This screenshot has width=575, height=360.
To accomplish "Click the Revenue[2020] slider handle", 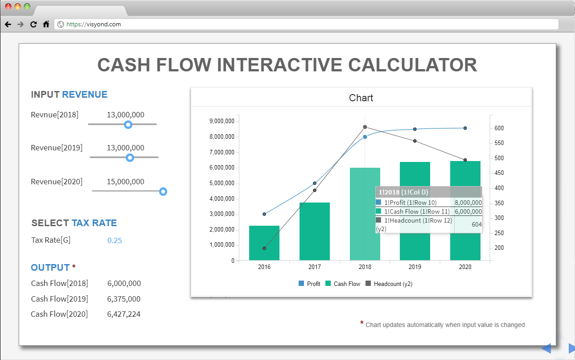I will [x=163, y=191].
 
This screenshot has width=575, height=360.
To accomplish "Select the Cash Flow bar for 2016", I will [x=264, y=243].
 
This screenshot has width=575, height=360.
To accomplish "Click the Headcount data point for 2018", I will [x=365, y=127].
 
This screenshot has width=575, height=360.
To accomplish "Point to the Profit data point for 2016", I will [x=264, y=214].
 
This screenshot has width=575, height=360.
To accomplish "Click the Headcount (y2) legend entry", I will [x=389, y=284].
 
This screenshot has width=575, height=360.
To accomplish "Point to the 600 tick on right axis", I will [x=499, y=128].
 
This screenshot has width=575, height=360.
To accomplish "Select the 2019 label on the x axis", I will [x=415, y=267].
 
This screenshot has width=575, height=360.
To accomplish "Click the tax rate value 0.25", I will [x=115, y=240].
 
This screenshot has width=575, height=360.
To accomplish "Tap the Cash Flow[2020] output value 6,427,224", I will [x=124, y=314].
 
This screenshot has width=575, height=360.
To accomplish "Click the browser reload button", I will [x=33, y=24].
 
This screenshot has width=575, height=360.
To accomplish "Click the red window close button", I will [x=8, y=6].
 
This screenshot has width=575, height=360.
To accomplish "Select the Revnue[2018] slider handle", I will [x=128, y=124].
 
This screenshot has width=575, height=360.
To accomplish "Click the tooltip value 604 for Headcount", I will [x=476, y=224].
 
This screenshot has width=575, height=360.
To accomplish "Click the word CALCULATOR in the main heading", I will [x=412, y=65].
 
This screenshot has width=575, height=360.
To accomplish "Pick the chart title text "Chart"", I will [x=361, y=98].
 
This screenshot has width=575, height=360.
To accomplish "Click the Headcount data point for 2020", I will [x=465, y=160].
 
